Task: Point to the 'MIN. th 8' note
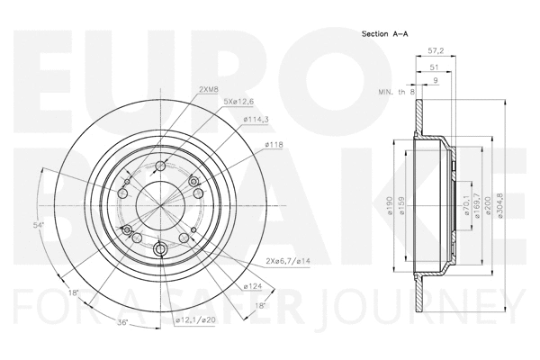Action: [394, 92]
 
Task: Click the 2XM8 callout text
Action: [209, 88]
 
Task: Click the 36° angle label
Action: [122, 322]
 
